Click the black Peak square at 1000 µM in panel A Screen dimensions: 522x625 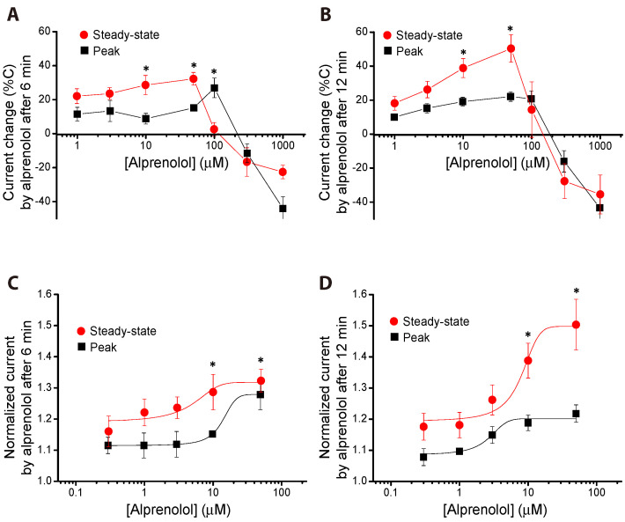click(283, 209)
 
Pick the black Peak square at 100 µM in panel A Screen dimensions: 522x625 click(214, 88)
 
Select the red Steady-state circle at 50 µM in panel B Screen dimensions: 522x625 click(510, 48)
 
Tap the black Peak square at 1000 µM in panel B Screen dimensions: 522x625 click(600, 208)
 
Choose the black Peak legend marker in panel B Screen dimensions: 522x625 click(387, 52)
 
